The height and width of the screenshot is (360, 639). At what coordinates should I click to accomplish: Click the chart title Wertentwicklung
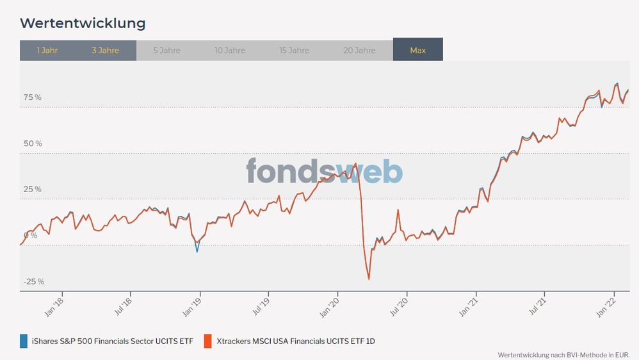click(x=83, y=24)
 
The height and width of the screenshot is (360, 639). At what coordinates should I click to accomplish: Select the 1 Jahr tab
click(x=47, y=50)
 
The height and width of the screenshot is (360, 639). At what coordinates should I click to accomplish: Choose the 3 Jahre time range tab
click(x=106, y=50)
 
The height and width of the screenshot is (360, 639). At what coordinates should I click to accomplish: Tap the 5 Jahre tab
click(x=166, y=50)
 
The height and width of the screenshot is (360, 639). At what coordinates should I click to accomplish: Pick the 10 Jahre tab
click(x=230, y=50)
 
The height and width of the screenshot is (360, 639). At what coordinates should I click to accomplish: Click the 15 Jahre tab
click(x=295, y=50)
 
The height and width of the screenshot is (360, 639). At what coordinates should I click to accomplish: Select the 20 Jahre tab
click(x=359, y=50)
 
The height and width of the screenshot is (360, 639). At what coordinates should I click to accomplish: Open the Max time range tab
click(x=417, y=50)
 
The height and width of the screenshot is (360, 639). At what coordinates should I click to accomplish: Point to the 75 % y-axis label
click(x=33, y=97)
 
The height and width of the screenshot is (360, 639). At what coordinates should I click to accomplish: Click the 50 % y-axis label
click(x=33, y=143)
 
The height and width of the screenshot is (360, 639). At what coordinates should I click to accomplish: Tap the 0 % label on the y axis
click(x=31, y=236)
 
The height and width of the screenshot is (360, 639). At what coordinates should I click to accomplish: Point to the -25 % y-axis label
click(x=33, y=282)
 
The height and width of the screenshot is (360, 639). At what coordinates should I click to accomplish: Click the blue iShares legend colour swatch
click(x=24, y=341)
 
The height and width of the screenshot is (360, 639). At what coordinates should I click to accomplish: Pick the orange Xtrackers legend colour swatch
click(x=207, y=341)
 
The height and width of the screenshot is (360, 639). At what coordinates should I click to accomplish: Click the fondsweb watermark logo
click(x=325, y=172)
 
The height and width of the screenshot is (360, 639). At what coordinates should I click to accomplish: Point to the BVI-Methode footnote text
click(x=563, y=354)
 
